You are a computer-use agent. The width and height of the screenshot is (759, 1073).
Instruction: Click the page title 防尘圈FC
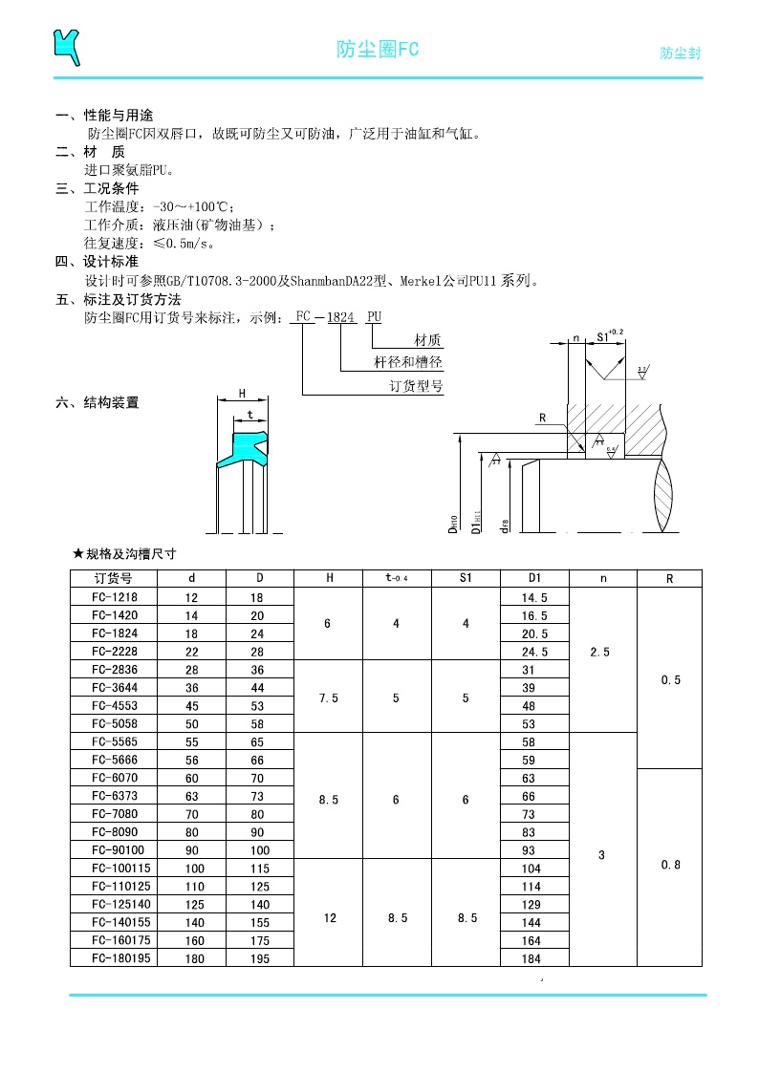tap(378, 50)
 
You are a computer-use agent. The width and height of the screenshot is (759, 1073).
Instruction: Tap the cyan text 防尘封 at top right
tap(680, 54)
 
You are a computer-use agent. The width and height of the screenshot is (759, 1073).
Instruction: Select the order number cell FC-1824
tap(114, 633)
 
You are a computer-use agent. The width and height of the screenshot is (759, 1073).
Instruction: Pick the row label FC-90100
tap(114, 850)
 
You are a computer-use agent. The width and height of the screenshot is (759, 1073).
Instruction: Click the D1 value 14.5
tap(534, 597)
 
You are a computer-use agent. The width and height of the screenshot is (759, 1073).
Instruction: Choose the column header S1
tap(466, 578)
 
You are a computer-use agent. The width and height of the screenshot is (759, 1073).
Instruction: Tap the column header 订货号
tap(114, 578)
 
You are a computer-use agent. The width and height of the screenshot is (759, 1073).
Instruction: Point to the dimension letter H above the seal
tap(242, 393)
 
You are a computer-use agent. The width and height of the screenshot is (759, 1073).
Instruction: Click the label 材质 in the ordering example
tap(427, 340)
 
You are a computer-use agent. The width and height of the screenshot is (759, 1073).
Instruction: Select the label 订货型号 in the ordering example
tap(416, 386)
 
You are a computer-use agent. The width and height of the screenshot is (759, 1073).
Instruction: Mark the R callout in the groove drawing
tap(542, 418)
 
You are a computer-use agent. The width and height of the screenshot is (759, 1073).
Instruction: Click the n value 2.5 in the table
tap(600, 652)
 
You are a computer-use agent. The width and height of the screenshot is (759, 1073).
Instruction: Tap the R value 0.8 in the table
tap(670, 865)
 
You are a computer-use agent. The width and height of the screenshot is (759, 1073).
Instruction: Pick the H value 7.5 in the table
tap(328, 698)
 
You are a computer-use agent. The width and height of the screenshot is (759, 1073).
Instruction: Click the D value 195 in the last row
tap(259, 958)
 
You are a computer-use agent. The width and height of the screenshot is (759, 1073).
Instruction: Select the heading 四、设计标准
tap(97, 261)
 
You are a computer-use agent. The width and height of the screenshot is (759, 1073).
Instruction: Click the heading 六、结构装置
tap(97, 403)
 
